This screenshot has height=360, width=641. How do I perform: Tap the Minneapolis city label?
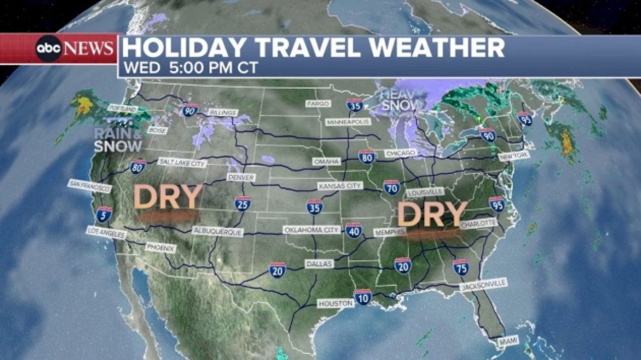[348, 122]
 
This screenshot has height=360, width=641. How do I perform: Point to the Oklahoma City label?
[311, 230]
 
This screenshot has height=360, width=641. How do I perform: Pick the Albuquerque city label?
[218, 232]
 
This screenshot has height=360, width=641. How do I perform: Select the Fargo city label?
[318, 103]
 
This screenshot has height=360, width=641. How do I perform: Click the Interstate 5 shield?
[104, 214]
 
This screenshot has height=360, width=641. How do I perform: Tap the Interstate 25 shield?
[242, 204]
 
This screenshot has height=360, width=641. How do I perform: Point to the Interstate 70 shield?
[391, 187]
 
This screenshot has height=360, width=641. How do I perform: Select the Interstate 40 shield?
[353, 230]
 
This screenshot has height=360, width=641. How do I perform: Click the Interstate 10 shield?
[363, 296]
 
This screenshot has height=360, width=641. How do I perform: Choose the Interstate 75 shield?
[461, 267]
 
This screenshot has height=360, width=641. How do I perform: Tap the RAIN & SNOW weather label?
[118, 140]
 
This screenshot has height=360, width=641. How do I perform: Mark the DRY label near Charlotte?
[432, 214]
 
